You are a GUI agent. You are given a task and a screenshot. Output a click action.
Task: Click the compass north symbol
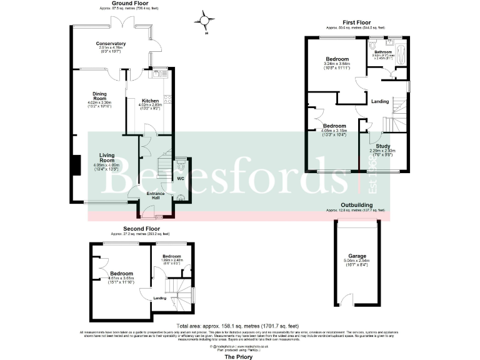(204, 22)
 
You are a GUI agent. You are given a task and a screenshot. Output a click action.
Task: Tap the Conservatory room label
(111, 44)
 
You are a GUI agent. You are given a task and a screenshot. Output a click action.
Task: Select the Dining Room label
(100, 97)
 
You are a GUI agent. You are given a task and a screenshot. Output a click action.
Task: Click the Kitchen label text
(151, 101)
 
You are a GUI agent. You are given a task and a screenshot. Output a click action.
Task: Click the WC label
(181, 179)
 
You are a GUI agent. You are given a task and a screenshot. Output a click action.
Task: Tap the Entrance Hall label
(155, 196)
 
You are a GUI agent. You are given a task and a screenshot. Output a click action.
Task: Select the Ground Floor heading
(129, 3)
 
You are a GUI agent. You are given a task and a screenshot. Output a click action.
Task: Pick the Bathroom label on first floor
(382, 52)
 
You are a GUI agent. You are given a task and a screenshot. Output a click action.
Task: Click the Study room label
(382, 146)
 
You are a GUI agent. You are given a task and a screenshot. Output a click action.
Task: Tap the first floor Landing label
(379, 101)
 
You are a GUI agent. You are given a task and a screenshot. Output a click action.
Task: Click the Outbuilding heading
(357, 205)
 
